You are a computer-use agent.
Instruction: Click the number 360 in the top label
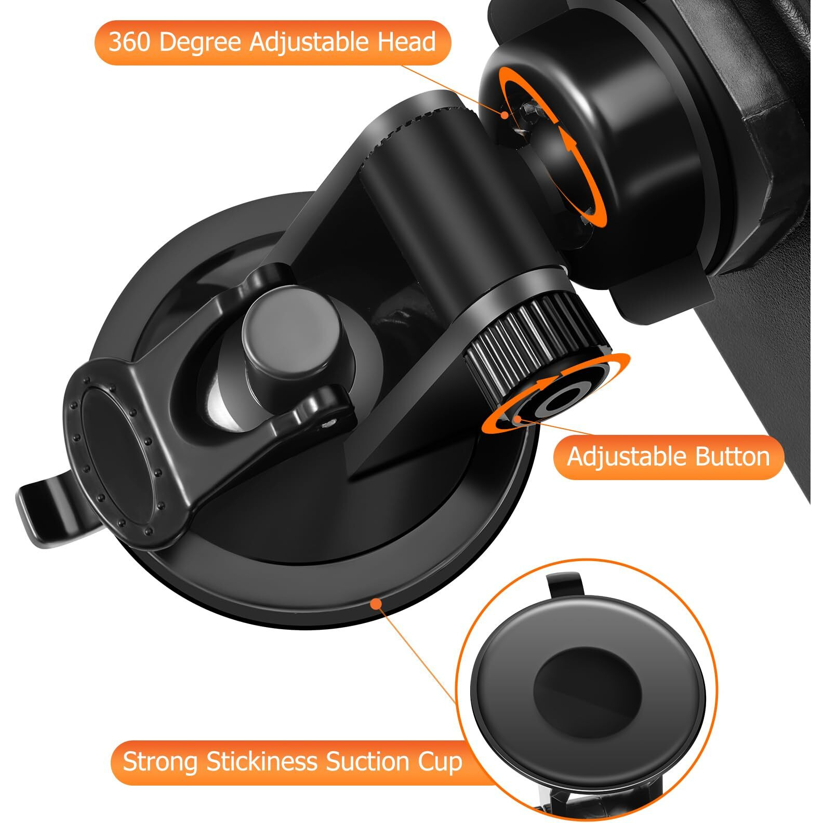[130, 42]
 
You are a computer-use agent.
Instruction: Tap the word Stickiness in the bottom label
[262, 762]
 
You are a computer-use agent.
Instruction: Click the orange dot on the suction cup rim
[375, 603]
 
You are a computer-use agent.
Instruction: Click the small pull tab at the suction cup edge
[49, 509]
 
